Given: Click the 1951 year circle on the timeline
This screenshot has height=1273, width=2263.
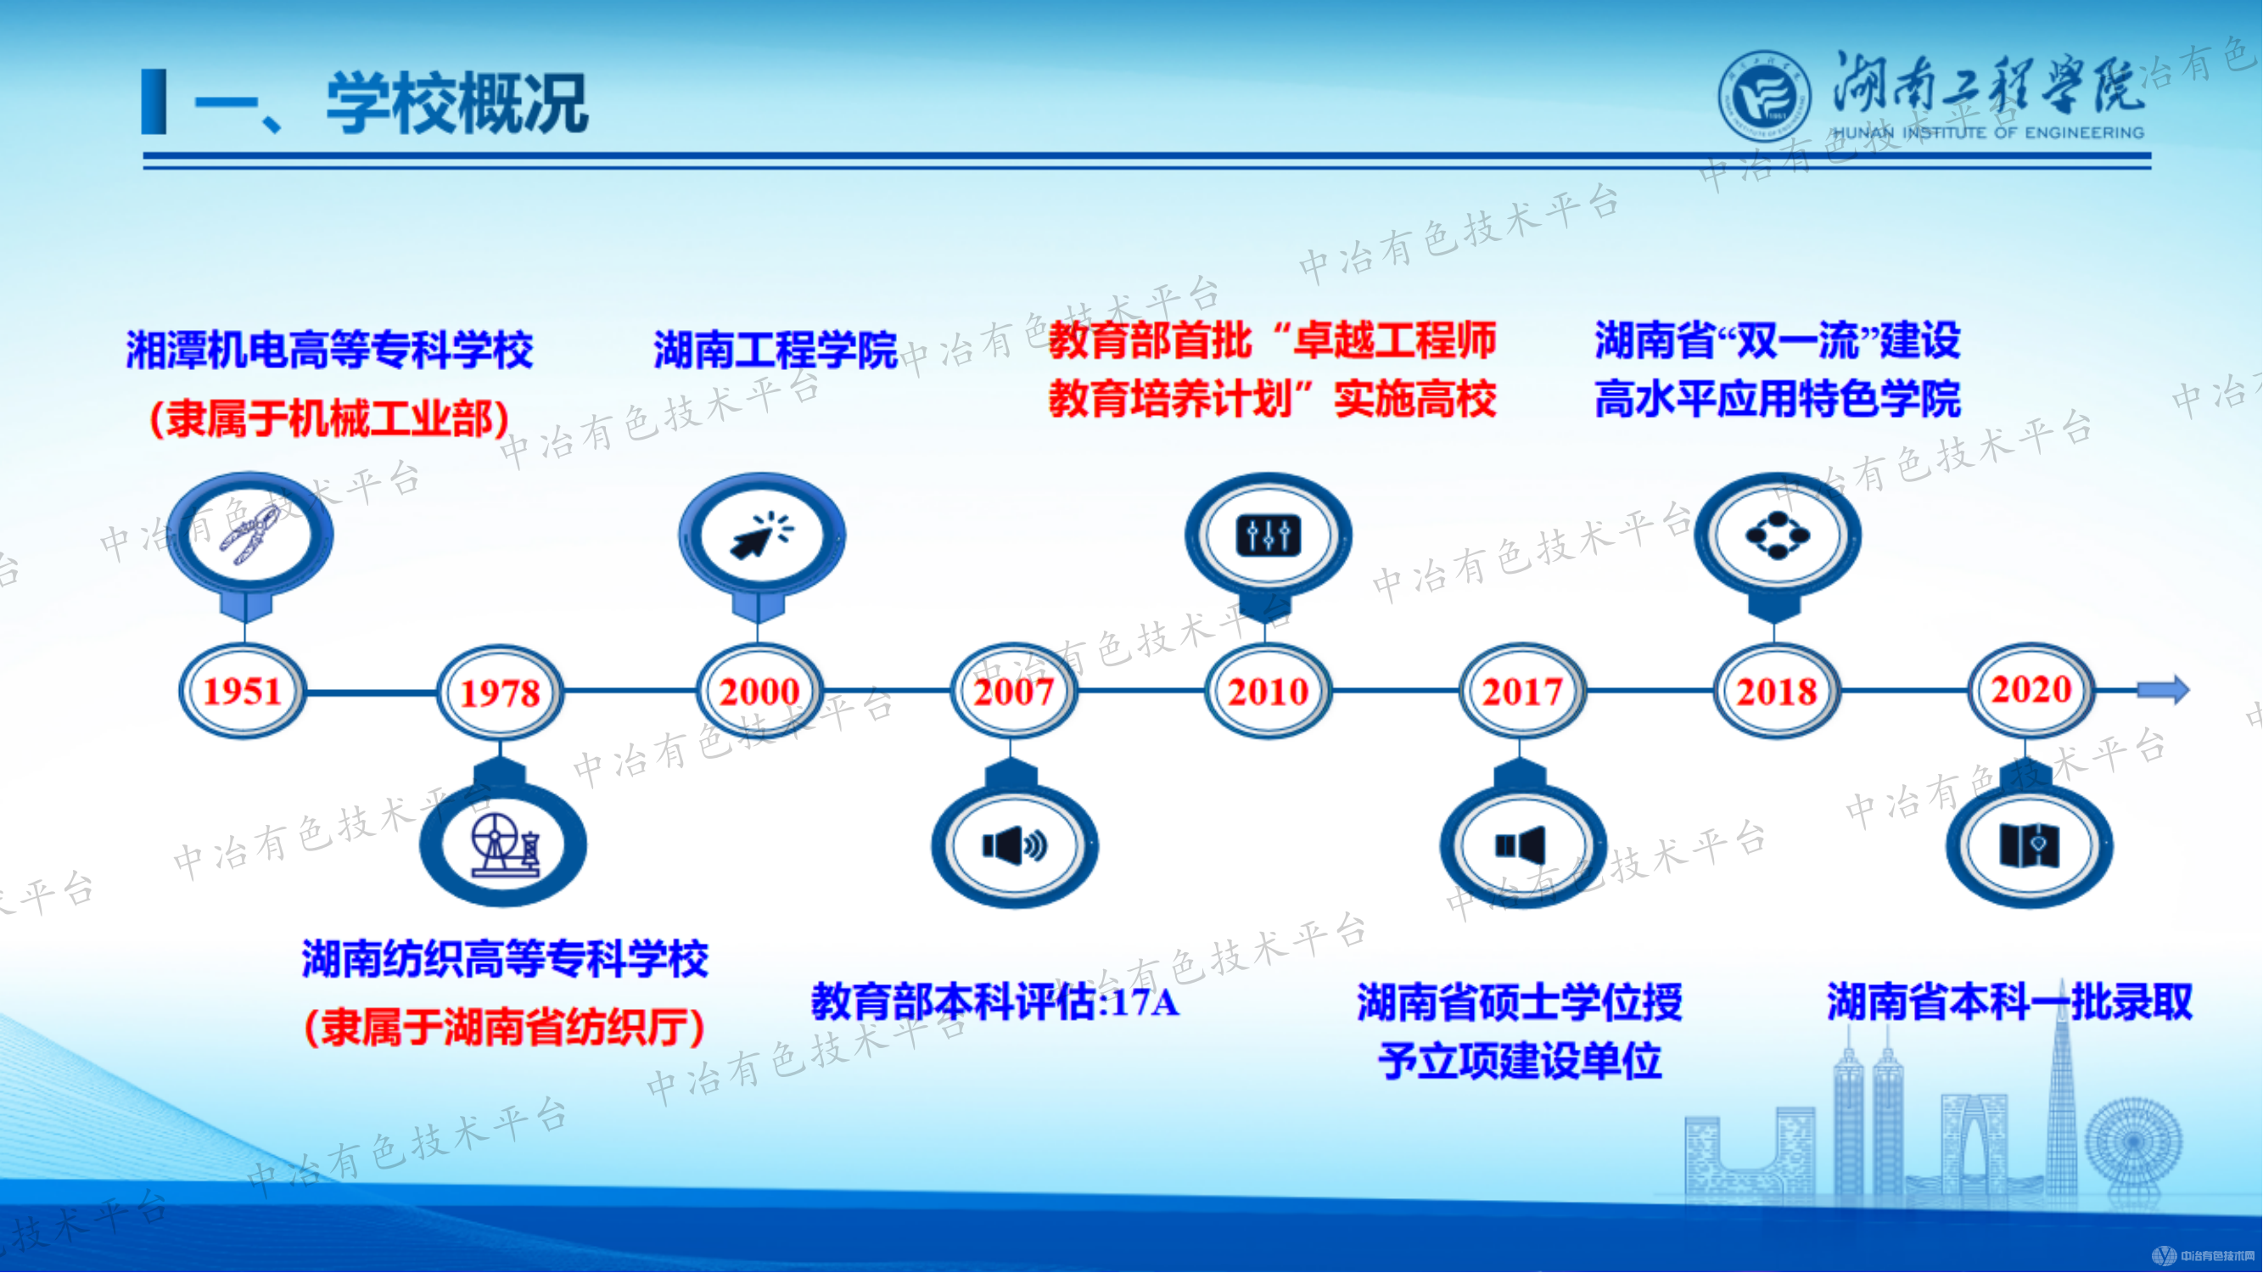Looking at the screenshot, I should pyautogui.click(x=243, y=692).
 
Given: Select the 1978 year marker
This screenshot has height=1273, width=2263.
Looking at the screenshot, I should pyautogui.click(x=500, y=693).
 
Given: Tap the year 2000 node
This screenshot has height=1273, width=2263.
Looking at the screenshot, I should pyautogui.click(x=759, y=692).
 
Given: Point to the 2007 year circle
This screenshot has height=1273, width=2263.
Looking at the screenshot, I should pyautogui.click(x=1013, y=692).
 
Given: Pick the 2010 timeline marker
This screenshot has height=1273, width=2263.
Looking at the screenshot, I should pyautogui.click(x=1268, y=692).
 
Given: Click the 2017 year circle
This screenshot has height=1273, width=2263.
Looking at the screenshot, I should pyautogui.click(x=1521, y=692).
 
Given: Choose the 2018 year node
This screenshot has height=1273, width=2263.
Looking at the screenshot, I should pyautogui.click(x=1776, y=692).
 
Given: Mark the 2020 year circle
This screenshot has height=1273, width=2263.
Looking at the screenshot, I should pyautogui.click(x=2031, y=690).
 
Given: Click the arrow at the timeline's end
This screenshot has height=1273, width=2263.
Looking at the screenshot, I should pyautogui.click(x=2163, y=690).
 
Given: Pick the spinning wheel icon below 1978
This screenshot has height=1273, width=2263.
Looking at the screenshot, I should pyautogui.click(x=503, y=845).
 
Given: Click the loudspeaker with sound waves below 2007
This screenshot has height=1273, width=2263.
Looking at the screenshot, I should pyautogui.click(x=1014, y=846).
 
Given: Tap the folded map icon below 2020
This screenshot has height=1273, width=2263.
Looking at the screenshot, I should pyautogui.click(x=2030, y=846).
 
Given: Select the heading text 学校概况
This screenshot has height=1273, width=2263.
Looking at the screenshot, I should pyautogui.click(x=457, y=104).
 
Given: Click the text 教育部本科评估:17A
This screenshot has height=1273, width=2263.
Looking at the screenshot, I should pyautogui.click(x=994, y=1001).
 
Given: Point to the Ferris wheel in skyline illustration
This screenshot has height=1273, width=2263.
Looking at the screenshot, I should pyautogui.click(x=2133, y=1142).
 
